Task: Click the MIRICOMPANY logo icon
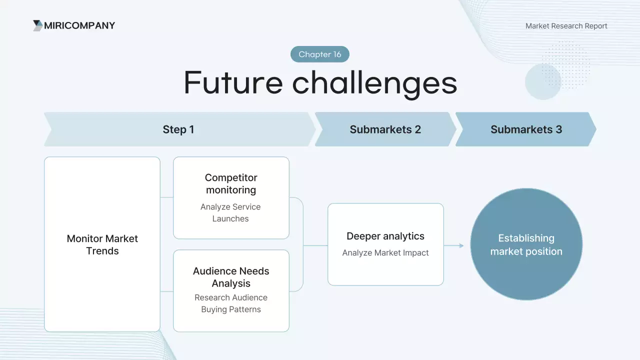coord(37,25)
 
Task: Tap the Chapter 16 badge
coord(320,54)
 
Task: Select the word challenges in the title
coord(374,83)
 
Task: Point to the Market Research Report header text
coord(566,26)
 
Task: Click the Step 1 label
coord(178,129)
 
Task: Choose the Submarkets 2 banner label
coord(385,129)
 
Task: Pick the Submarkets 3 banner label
coord(526,129)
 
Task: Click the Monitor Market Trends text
coord(102,244)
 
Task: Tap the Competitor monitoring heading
coord(231,183)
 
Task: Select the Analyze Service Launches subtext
coord(230,212)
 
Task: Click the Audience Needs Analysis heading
coord(231,277)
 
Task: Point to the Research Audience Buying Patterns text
coord(231,303)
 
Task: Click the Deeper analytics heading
coord(385,236)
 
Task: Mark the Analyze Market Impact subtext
coord(385,253)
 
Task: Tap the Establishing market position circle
coord(526,244)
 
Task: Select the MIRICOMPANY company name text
coord(79,25)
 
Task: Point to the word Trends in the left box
coord(102,251)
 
